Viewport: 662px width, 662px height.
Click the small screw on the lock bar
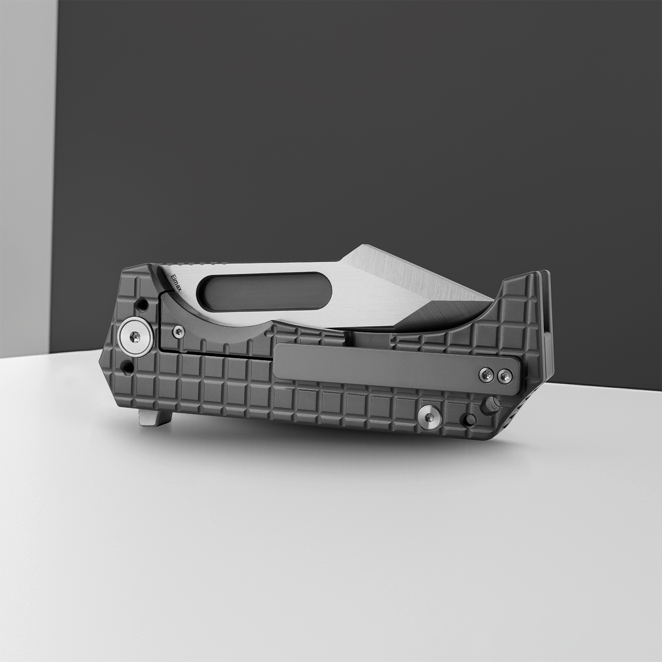[178, 330]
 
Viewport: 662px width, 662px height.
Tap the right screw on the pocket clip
[504, 375]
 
